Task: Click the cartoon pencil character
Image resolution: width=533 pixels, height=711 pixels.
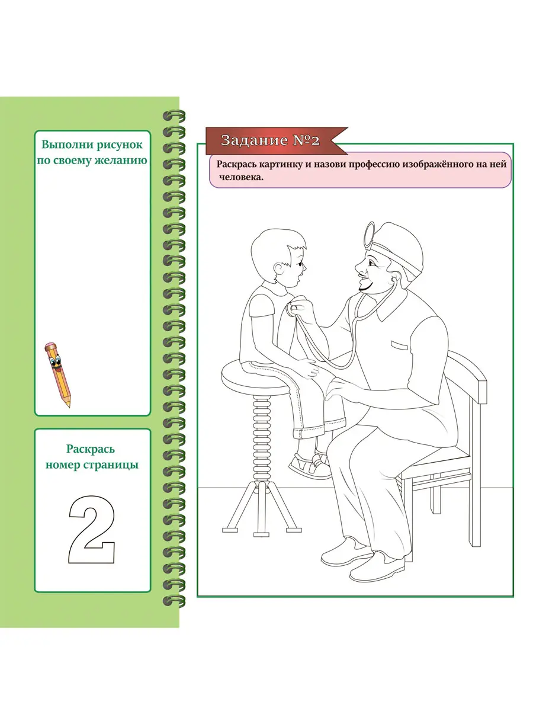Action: [x=57, y=374]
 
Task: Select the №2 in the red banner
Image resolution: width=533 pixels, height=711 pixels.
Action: [x=306, y=140]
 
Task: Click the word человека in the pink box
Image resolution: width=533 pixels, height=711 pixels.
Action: [x=242, y=177]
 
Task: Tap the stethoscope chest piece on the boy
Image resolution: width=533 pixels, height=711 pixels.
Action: [x=292, y=309]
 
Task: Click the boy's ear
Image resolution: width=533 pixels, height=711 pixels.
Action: [x=279, y=268]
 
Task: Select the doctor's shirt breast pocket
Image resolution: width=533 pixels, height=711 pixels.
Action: [x=399, y=345]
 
